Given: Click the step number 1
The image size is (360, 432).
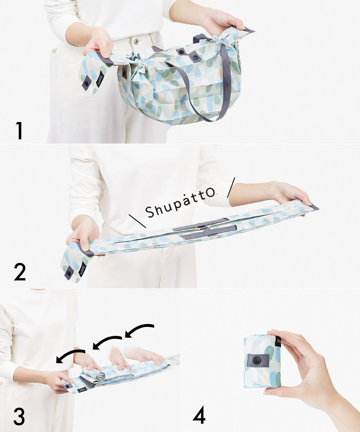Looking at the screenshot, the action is (19, 130).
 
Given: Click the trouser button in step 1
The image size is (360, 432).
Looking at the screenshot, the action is (136, 41).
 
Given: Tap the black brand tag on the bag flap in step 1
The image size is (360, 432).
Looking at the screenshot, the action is (100, 79).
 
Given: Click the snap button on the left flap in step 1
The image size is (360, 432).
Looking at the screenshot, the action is (86, 83).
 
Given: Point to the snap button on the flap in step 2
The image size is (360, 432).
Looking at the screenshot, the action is (68, 274).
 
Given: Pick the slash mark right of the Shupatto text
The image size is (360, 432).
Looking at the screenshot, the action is (231, 188).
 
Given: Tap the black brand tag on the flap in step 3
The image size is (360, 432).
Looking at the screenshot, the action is (82, 390).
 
